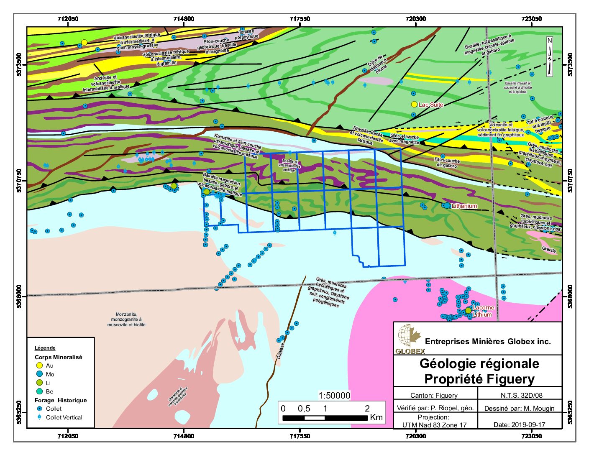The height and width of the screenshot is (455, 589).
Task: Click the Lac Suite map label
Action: [x=431, y=105]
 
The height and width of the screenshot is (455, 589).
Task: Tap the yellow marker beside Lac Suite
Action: [x=414, y=104]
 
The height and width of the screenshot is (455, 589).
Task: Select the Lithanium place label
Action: [x=464, y=206]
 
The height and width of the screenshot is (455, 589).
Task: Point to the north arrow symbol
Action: [x=550, y=57]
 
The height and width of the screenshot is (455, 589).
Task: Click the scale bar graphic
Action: [x=325, y=418]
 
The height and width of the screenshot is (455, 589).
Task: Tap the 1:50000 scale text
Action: [x=334, y=396]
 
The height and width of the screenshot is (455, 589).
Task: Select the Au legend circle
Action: [x=40, y=366]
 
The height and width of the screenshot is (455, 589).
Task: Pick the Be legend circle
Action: [x=40, y=391]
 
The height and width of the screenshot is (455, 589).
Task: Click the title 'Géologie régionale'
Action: [x=479, y=363]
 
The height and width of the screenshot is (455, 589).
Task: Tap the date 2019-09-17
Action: [x=519, y=424]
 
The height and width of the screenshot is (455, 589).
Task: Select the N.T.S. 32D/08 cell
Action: [x=519, y=395]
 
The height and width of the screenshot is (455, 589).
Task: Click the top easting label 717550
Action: [x=300, y=19]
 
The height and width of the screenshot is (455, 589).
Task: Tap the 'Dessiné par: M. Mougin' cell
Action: [x=519, y=408]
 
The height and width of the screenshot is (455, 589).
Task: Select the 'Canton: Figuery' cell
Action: [x=434, y=395]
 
